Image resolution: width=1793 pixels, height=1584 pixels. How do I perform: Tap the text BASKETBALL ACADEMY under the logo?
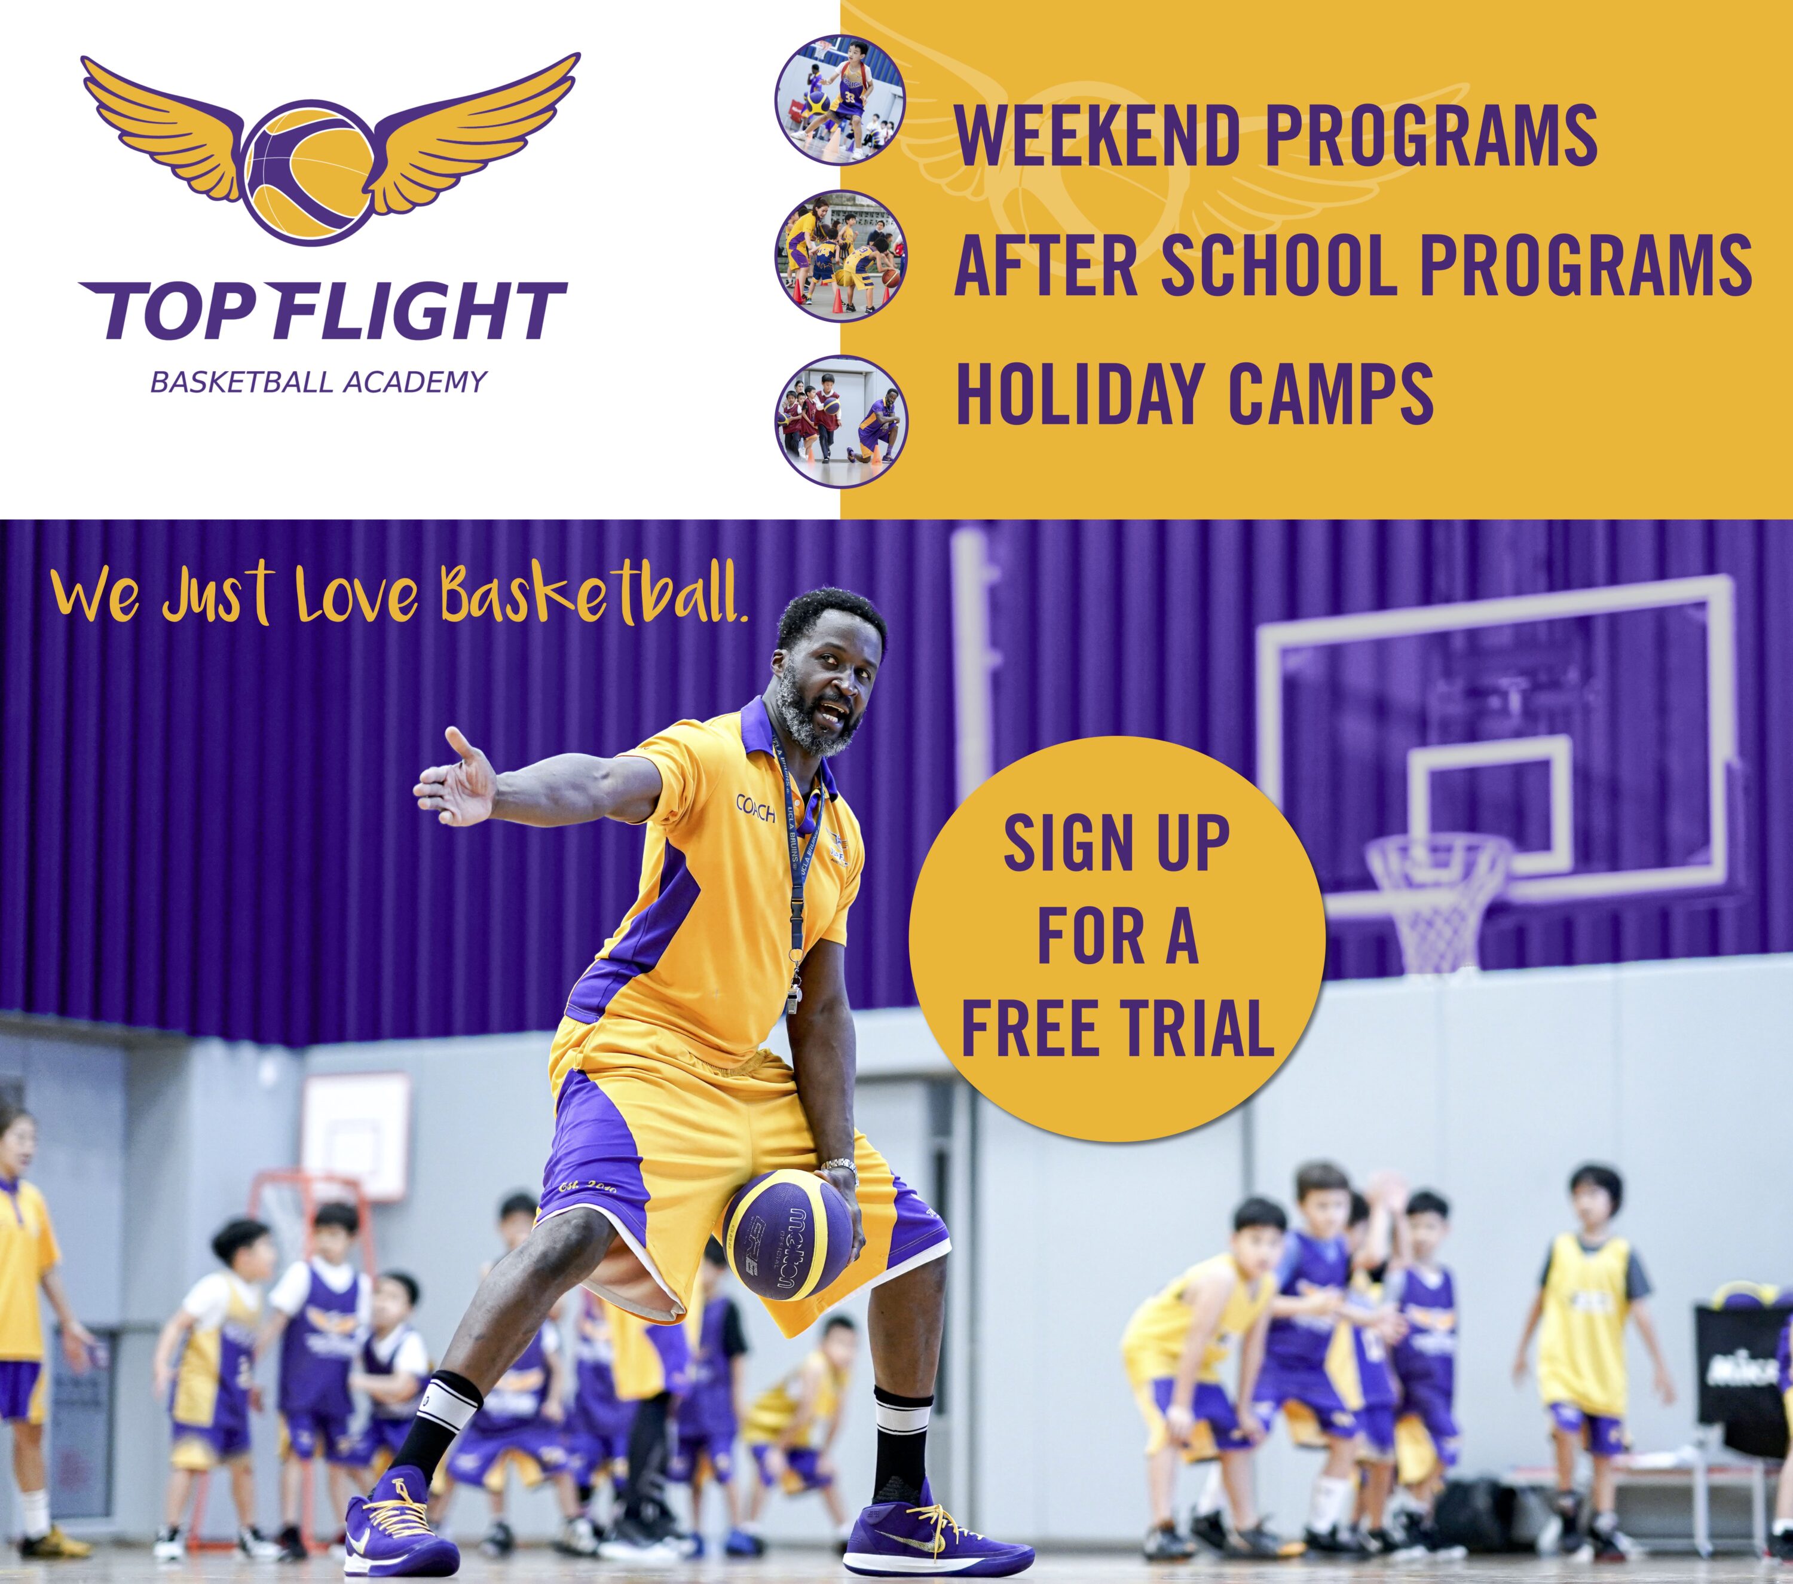(319, 383)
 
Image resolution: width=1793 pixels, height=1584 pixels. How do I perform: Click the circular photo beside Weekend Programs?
(840, 100)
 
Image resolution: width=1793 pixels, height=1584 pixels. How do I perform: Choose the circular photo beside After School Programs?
(840, 255)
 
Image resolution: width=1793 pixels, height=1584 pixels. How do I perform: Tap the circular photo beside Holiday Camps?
(840, 419)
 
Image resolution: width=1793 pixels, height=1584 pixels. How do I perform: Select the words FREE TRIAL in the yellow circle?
(1118, 1028)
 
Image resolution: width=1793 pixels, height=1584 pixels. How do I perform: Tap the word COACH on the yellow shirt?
(755, 808)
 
